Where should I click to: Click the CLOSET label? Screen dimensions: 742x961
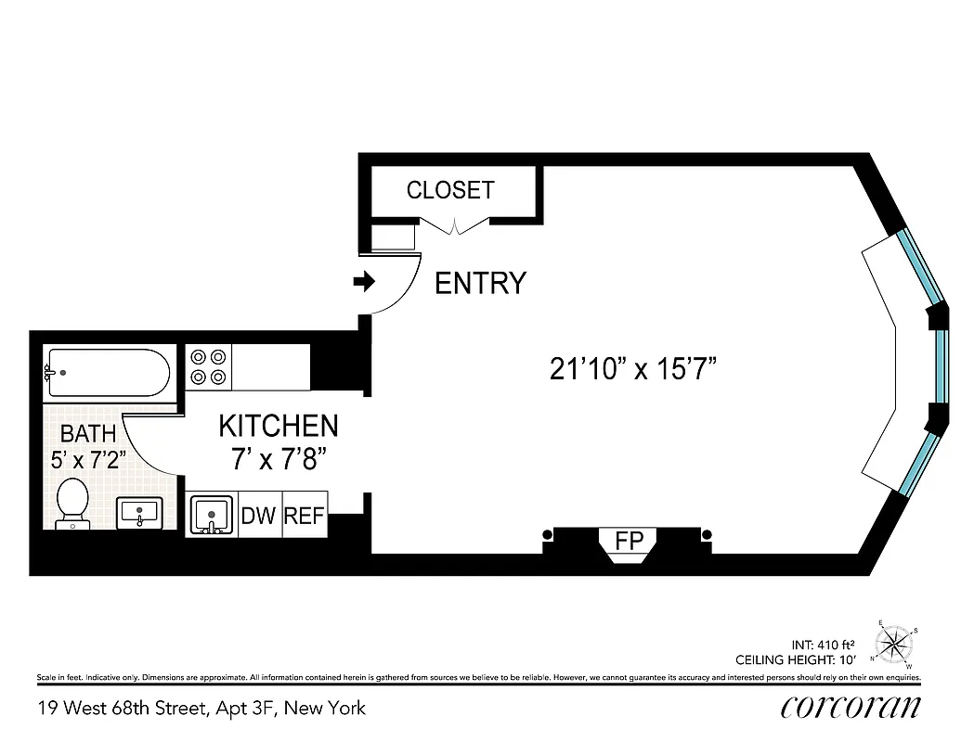coord(450,190)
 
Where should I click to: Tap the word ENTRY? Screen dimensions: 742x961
coord(480,283)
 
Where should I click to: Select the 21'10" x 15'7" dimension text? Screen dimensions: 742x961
coord(634,369)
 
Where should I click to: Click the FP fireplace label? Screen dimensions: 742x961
coord(629,540)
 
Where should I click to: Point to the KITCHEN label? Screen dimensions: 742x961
coord(278,426)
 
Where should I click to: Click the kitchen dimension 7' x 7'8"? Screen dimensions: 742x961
coord(278,457)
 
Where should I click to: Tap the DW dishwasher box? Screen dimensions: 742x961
coord(259,516)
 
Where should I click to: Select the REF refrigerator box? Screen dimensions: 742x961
coord(304,516)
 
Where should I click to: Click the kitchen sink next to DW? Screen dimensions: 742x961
coord(212,516)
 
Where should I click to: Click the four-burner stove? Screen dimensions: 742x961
coord(209,366)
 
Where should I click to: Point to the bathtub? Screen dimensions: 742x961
coord(107,373)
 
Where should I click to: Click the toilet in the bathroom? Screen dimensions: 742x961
coord(71,503)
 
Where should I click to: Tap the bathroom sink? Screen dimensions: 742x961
coord(139,512)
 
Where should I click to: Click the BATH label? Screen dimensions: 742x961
coord(88,433)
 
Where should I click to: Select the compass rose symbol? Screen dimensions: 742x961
coord(895,641)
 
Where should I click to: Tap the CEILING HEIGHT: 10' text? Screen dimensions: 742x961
coord(795,660)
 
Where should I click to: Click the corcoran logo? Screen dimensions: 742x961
coord(850,707)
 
